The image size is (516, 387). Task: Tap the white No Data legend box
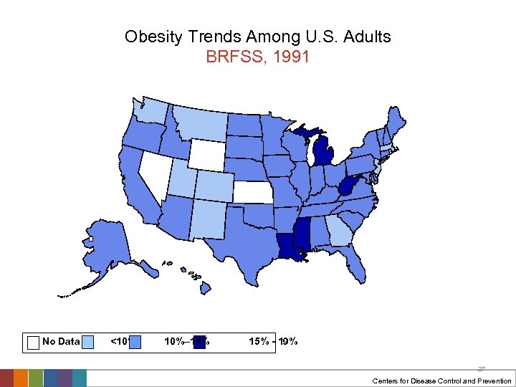click(x=32, y=342)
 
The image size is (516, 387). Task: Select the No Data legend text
click(x=61, y=342)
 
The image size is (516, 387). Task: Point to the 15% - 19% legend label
click(x=273, y=342)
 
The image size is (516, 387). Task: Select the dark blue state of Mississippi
click(x=301, y=235)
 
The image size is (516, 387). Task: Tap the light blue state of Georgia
click(x=337, y=231)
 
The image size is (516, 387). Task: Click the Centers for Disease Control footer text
click(x=441, y=381)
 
